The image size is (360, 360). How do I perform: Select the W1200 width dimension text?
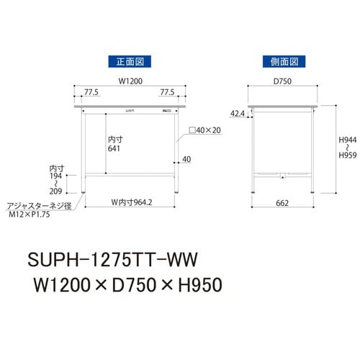[x=129, y=81]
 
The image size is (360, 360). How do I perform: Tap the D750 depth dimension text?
[x=282, y=81]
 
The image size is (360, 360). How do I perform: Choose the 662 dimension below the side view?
[x=282, y=203]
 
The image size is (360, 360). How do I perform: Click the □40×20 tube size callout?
[x=203, y=130]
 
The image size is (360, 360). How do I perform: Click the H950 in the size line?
[x=194, y=284]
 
